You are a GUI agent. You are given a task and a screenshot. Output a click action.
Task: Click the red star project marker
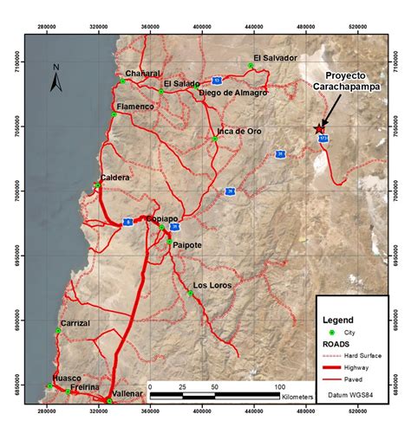pyautogui.click(x=320, y=128)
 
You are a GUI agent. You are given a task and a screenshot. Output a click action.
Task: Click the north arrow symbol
pyautogui.click(x=55, y=79)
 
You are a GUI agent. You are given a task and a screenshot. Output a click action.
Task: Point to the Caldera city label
pyautogui.click(x=115, y=178)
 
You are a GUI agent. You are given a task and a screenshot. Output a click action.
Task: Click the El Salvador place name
pyautogui.click(x=270, y=58)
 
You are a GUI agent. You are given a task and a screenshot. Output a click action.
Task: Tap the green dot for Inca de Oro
pyautogui.click(x=214, y=139)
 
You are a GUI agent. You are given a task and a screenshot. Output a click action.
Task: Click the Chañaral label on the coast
pyautogui.click(x=143, y=73)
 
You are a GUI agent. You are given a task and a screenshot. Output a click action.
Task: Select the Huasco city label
pyautogui.click(x=67, y=378)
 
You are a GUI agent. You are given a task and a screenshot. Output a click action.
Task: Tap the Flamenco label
pyautogui.click(x=135, y=107)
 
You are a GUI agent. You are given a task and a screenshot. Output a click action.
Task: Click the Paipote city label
pyautogui.click(x=188, y=244)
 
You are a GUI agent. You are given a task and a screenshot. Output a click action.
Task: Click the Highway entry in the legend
pyautogui.click(x=364, y=366)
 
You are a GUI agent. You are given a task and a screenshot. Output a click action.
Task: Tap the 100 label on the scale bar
pyautogui.click(x=279, y=385)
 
